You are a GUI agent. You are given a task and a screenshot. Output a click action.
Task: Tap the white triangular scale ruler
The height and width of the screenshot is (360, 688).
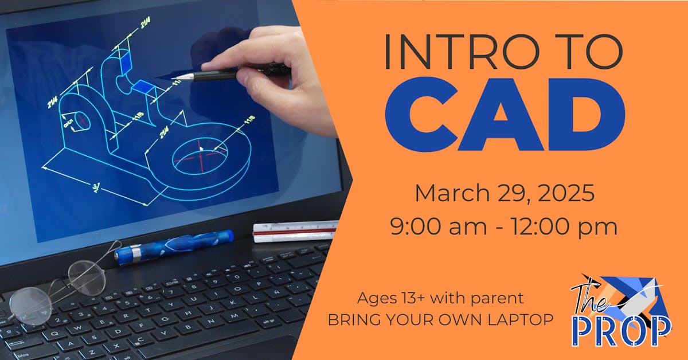[295, 230]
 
